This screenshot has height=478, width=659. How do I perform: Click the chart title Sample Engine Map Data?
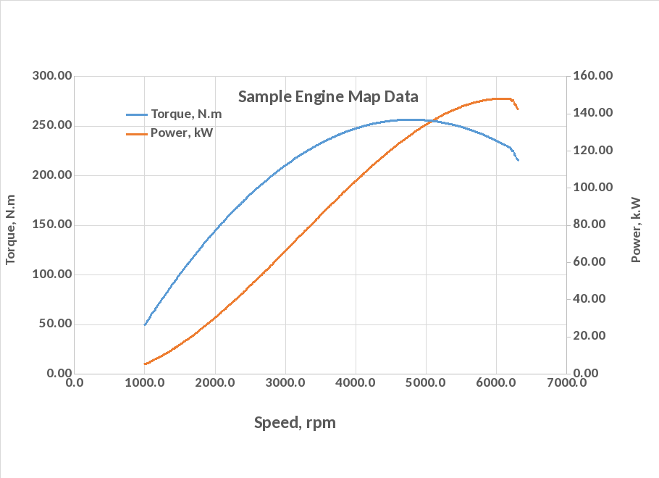pos(328,96)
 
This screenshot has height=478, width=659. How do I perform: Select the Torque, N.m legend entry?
pos(186,114)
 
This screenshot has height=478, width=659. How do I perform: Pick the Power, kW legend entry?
pos(182,133)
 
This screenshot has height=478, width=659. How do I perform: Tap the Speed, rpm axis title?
pos(295,422)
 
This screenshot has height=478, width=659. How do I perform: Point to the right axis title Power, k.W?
pos(636,230)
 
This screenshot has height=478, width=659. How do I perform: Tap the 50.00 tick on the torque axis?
pos(53,324)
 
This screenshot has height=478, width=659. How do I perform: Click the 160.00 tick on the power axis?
pos(593,76)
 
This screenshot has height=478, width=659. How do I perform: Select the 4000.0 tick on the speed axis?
pos(355,382)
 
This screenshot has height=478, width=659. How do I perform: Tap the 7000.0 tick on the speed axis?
pos(566,382)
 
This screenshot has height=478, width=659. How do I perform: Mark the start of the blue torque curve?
pos(145,324)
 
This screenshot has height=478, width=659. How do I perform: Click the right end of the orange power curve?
pos(518,109)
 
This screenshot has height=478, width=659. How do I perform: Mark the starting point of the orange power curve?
pos(145,364)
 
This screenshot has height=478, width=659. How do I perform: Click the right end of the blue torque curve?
pos(518,160)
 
